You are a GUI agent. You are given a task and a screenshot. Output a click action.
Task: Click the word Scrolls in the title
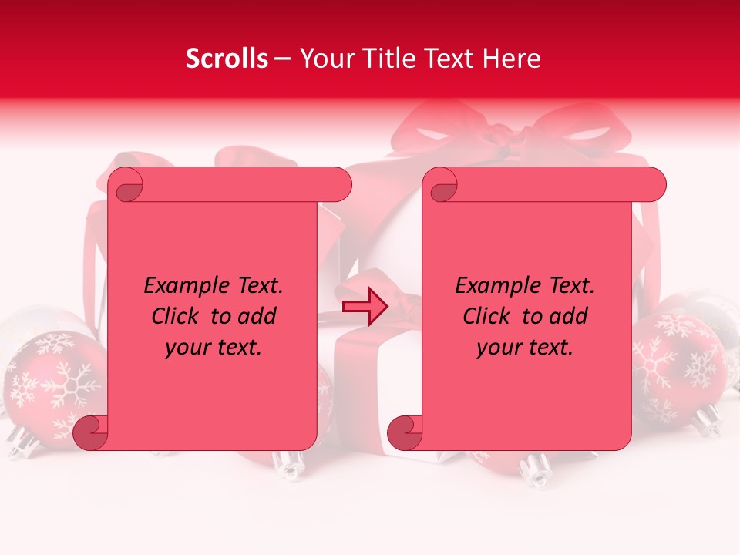[227, 59]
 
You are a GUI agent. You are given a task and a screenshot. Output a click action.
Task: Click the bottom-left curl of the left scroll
[90, 432]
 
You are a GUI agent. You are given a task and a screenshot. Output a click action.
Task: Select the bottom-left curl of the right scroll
[405, 432]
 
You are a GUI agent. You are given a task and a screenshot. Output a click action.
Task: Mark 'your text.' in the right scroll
[525, 348]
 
